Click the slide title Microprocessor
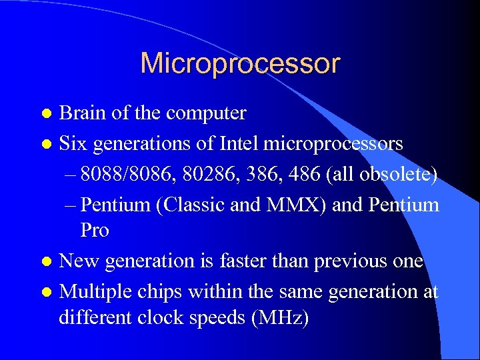click(x=240, y=64)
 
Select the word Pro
click(x=95, y=231)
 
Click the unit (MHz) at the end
click(x=279, y=318)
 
